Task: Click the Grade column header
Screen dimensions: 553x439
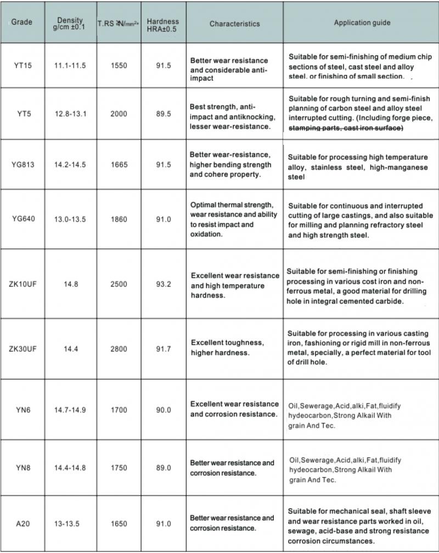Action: tap(22, 22)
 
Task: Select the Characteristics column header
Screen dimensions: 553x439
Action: tap(234, 24)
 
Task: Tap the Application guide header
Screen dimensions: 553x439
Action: tap(362, 23)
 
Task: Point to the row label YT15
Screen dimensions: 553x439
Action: tap(22, 66)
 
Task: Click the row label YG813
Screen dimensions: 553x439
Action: tap(22, 165)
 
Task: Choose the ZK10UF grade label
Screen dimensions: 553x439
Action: tap(22, 284)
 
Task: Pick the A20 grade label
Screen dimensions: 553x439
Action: tap(22, 524)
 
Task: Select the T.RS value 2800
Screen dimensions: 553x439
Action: tap(118, 349)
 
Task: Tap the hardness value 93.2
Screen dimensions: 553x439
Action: tap(164, 284)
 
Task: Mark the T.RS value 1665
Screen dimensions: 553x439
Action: tap(118, 165)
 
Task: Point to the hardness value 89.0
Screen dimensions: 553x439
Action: tap(164, 468)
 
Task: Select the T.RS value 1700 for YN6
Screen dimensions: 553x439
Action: tap(118, 410)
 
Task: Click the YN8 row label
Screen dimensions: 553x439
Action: tap(22, 468)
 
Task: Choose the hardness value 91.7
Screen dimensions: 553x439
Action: tap(164, 349)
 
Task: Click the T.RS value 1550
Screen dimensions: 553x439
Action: tap(118, 66)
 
